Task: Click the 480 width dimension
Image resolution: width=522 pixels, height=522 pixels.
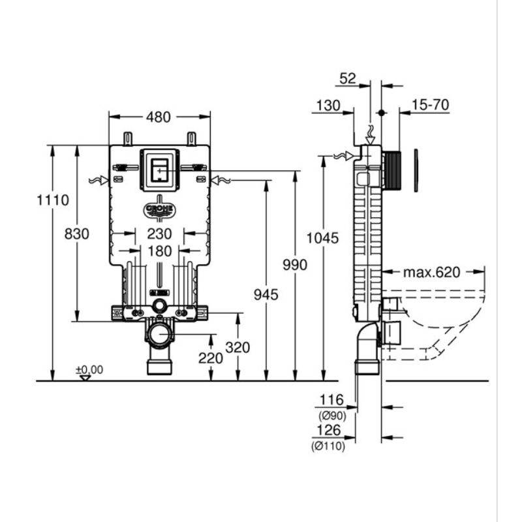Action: click(159, 117)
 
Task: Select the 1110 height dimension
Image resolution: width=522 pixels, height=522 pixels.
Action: click(53, 200)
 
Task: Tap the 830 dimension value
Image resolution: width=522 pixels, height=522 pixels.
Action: click(77, 234)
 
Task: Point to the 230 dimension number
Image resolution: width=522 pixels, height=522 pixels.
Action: click(159, 234)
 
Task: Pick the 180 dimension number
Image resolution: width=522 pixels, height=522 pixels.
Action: click(159, 251)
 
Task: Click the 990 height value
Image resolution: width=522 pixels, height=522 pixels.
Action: click(295, 265)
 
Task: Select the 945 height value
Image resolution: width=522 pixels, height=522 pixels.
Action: click(266, 295)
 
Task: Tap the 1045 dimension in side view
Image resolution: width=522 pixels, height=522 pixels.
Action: click(322, 238)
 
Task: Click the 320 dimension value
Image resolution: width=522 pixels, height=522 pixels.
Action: click(238, 348)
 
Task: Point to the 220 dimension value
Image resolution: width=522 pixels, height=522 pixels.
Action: click(211, 358)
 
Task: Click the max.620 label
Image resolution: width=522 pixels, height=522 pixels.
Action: click(431, 273)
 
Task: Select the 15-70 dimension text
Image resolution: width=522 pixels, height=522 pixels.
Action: click(431, 105)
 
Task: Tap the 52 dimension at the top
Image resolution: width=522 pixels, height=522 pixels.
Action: click(348, 78)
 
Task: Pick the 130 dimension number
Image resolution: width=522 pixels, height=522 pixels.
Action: click(328, 106)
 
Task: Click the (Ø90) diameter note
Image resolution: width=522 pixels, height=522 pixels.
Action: click(332, 416)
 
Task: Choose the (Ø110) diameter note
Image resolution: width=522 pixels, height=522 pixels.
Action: click(328, 446)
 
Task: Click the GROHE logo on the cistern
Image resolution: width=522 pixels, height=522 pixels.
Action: click(160, 209)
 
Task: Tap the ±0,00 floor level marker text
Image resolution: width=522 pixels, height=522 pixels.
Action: click(89, 370)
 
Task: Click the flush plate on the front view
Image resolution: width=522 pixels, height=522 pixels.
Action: click(160, 170)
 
